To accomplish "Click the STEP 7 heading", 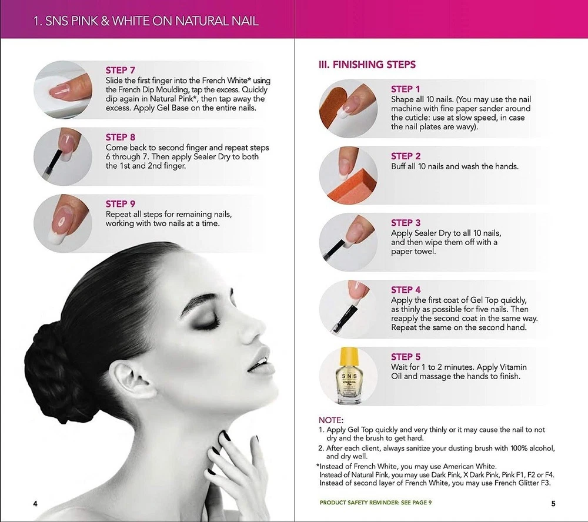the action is [120, 71].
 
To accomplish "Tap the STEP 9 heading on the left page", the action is [120, 204].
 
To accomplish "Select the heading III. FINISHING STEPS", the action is [367, 65].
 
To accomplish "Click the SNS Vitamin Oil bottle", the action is [348, 376].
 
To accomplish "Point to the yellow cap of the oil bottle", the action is [349, 357].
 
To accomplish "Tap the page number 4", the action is [35, 504].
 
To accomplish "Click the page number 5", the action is [553, 504].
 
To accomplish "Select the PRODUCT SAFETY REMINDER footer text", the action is [375, 503].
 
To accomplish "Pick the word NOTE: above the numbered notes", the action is [330, 420].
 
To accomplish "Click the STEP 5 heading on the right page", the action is [406, 357].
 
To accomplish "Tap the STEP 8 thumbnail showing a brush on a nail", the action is [63, 156].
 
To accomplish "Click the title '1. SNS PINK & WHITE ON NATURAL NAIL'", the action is [146, 21].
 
